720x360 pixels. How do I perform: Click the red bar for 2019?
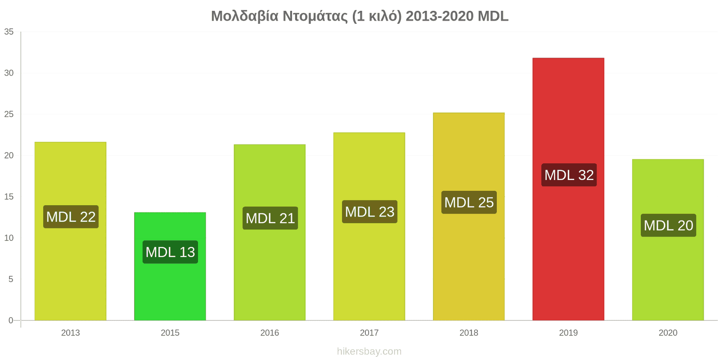(568, 189)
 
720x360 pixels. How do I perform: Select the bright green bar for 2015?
(170, 266)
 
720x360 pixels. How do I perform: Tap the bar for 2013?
(70, 231)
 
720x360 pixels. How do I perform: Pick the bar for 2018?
(468, 216)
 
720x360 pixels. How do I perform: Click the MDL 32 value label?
(569, 175)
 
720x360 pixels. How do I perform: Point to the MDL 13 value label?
(171, 252)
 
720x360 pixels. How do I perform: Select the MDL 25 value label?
(469, 202)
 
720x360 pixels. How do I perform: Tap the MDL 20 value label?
(669, 225)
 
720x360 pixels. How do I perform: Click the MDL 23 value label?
(369, 211)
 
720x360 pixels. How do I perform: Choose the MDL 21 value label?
(270, 218)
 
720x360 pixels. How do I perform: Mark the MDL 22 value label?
(71, 216)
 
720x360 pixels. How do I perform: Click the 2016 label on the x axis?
(270, 333)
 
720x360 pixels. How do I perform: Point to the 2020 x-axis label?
(668, 333)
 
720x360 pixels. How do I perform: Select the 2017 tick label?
(369, 333)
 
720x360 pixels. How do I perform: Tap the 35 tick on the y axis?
(9, 31)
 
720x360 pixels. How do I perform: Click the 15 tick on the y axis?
(9, 197)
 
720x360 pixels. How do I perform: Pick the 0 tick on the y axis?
(11, 320)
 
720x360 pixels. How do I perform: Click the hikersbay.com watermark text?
(369, 351)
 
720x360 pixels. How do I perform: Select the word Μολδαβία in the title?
(245, 16)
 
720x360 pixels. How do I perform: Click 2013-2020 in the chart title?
(440, 16)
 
